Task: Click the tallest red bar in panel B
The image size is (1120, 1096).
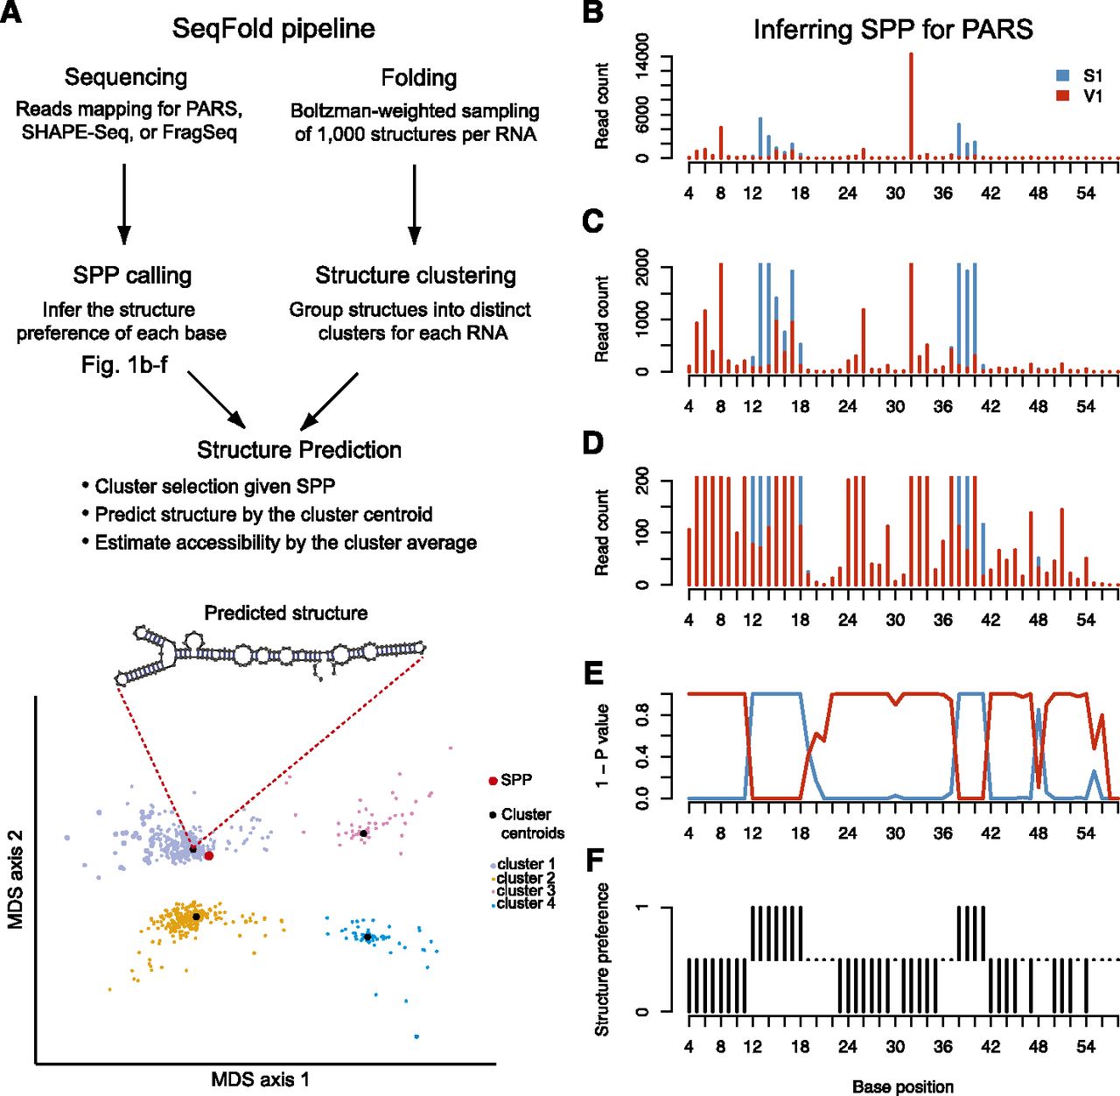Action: coord(911,105)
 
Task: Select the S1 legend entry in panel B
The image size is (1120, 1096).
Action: coord(1081,76)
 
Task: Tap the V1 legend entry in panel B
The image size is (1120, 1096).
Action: coord(1081,95)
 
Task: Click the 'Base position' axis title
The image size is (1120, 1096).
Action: coord(903,1086)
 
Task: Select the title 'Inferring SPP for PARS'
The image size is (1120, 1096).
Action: coord(892,30)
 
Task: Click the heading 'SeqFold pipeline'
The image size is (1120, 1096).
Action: coord(273,28)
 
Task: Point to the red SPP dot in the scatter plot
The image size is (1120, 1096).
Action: coord(209,855)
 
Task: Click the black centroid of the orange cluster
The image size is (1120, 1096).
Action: coord(197,917)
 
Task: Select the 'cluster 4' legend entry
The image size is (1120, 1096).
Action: coord(525,903)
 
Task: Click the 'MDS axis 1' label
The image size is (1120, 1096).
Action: coord(260,1079)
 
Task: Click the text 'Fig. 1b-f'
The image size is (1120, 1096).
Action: coord(124,364)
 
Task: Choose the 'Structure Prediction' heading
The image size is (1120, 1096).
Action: coord(299,450)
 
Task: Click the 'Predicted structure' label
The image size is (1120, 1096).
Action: coord(285,613)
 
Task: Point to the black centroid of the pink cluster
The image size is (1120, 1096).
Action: coord(363,833)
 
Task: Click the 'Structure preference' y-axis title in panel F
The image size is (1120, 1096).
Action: coord(602,959)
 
